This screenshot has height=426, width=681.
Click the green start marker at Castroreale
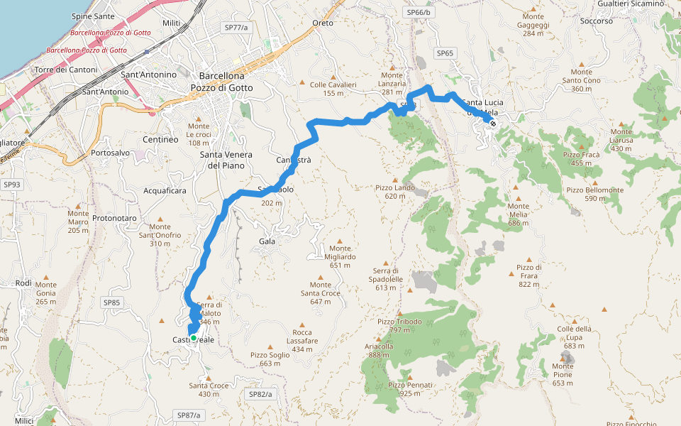point(193,338)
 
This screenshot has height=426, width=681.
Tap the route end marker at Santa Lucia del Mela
point(492,124)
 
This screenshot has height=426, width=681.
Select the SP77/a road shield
point(236,27)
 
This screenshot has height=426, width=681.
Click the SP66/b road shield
point(419,13)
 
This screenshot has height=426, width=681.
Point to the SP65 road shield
point(445,53)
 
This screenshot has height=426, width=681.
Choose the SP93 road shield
point(11,185)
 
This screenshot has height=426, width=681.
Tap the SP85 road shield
point(112,302)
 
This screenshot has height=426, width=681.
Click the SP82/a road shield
point(260,393)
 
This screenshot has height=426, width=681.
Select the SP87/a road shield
point(189,415)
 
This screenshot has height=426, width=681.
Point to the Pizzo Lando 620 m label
point(395,192)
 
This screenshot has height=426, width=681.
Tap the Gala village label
point(267,241)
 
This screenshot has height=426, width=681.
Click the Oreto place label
point(322,23)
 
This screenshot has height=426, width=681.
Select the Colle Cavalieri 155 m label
point(333,89)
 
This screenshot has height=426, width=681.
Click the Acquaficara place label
point(165,191)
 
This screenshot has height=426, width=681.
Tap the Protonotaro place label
point(113,217)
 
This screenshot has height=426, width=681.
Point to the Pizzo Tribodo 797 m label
point(399,325)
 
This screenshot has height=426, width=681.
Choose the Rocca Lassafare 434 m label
point(302,341)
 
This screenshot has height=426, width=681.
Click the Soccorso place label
point(596,21)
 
